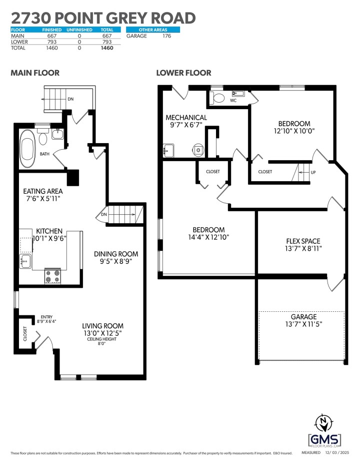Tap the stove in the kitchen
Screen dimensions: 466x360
[x=52, y=276]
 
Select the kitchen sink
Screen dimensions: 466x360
[x=25, y=260]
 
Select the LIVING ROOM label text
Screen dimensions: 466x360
[x=102, y=326]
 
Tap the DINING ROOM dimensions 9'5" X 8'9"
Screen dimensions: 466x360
[x=116, y=261]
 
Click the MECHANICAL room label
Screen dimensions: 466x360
[x=186, y=118]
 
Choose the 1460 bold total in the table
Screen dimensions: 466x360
[x=106, y=48]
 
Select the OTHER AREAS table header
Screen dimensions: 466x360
[x=153, y=30]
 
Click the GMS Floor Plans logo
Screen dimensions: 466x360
[x=324, y=431]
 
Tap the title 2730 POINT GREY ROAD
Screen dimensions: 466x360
[x=103, y=18]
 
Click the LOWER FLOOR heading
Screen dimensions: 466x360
[x=183, y=73]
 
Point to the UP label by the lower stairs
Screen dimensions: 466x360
[x=313, y=173]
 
